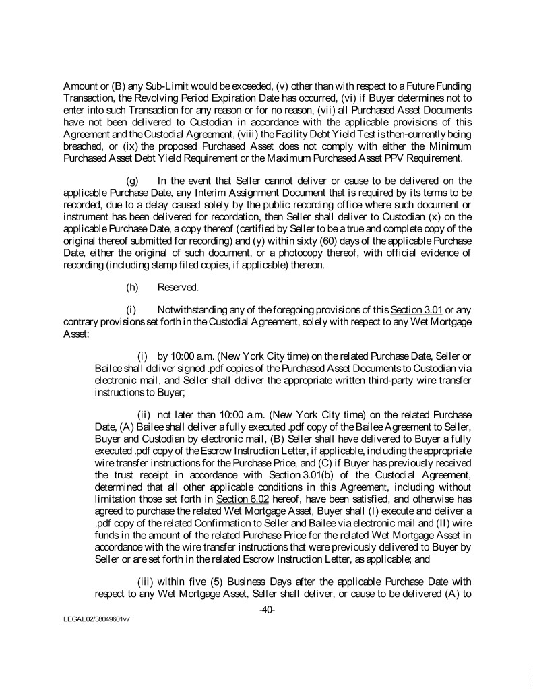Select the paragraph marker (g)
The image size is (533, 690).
pyautogui.click(x=133, y=181)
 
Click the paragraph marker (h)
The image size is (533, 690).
pyautogui.click(x=133, y=287)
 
